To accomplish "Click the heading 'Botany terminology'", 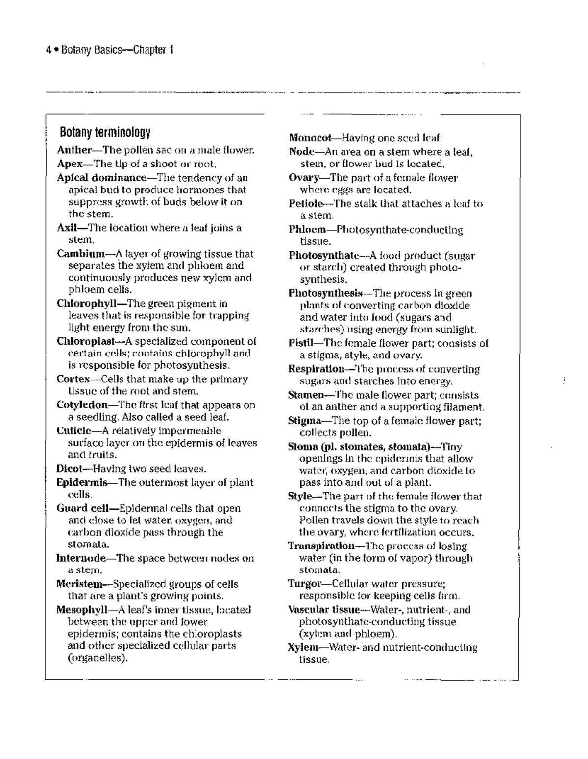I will [x=105, y=132].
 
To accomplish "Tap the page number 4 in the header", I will [x=48, y=50].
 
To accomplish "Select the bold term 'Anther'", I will [x=74, y=150].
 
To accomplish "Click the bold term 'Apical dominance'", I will [x=101, y=178].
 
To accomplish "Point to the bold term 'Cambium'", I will [x=81, y=254].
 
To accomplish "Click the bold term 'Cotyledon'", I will [x=82, y=405].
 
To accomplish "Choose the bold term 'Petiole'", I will [x=306, y=204].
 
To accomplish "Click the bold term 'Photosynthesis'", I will [x=325, y=293].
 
